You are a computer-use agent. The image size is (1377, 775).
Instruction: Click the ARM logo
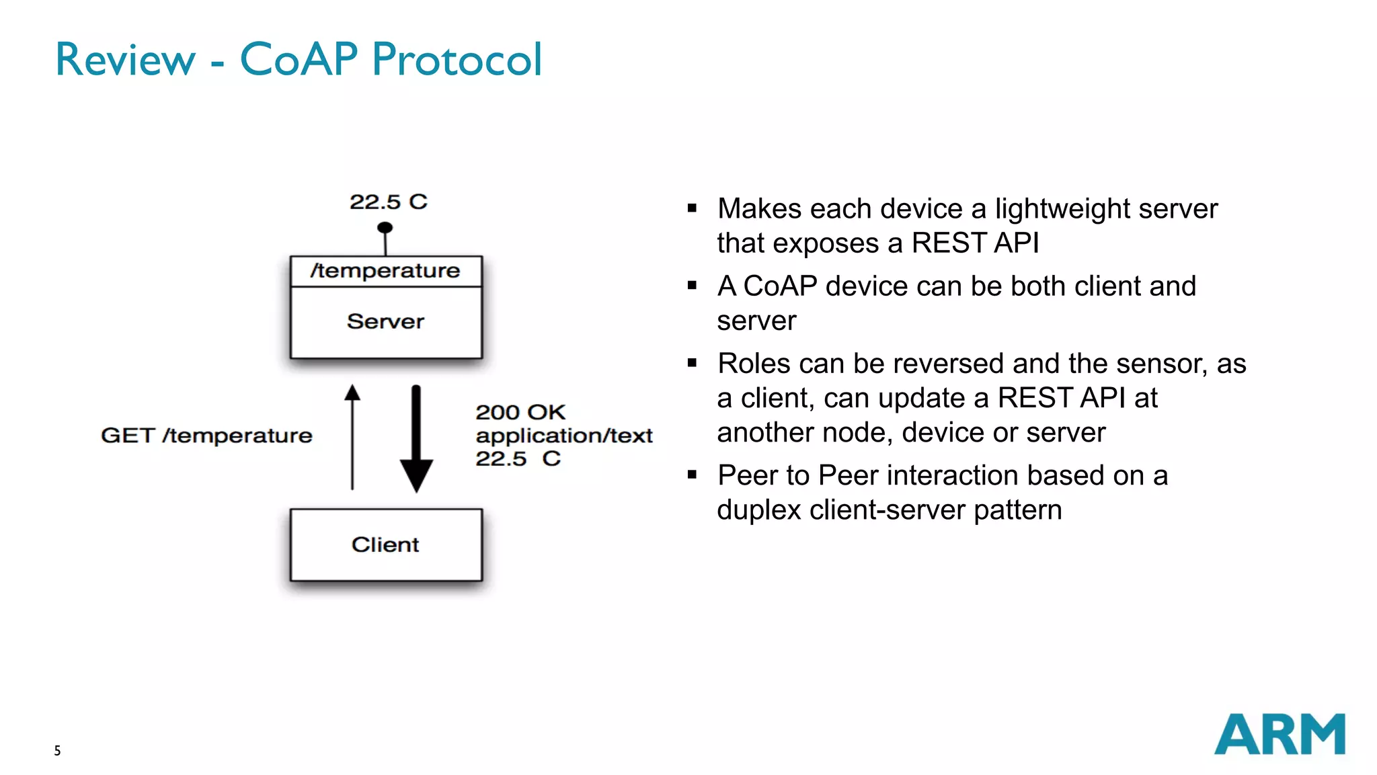1279,734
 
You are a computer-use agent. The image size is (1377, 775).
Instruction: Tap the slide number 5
57,751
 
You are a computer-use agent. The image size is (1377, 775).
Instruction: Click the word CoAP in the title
299,59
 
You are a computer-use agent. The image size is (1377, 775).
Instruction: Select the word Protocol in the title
457,59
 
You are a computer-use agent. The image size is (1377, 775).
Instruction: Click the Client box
386,544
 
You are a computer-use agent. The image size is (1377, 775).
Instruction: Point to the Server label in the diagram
385,321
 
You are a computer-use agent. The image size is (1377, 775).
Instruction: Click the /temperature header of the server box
385,271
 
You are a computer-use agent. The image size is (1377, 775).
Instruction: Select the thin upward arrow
352,437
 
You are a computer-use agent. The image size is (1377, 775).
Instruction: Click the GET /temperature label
206,436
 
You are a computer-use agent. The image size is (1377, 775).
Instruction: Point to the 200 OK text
520,412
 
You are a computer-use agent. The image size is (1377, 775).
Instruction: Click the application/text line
563,436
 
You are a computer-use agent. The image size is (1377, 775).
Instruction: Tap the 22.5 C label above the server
388,202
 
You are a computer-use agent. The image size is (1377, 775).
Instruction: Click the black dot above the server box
385,228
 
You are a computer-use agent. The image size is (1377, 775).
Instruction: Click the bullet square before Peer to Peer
692,475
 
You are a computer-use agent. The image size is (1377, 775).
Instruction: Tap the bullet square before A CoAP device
692,286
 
